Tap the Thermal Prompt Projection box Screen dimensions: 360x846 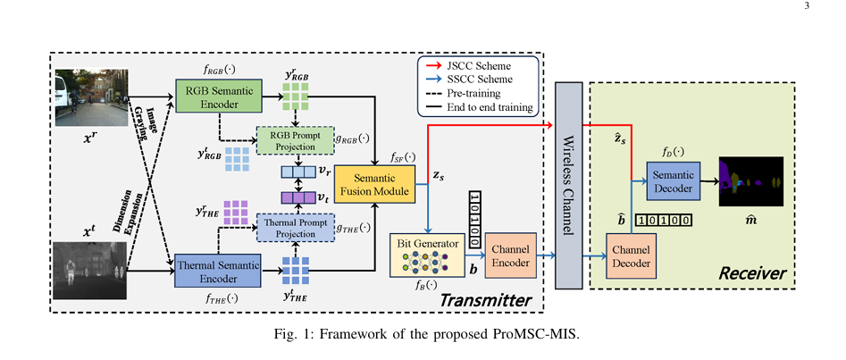pyautogui.click(x=294, y=228)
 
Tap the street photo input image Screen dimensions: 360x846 pyautogui.click(x=92, y=98)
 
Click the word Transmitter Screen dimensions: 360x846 pyautogui.click(x=485, y=298)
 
